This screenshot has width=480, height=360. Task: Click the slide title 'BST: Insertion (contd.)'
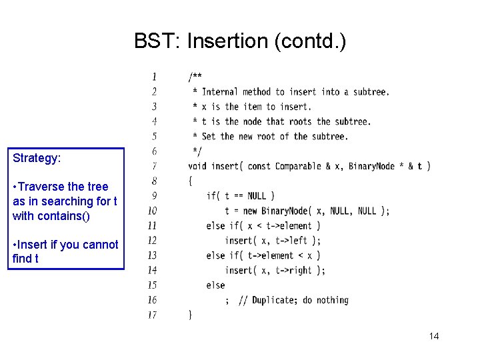point(240,41)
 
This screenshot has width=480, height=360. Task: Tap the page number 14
point(433,336)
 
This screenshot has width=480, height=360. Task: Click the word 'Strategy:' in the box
point(37,159)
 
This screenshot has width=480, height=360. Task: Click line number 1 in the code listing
point(154,77)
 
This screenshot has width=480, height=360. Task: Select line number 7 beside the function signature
point(154,166)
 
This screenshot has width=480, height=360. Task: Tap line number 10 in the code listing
point(152,211)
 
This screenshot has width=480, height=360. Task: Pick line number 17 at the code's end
point(152,315)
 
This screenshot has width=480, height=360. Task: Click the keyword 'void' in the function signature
point(197,166)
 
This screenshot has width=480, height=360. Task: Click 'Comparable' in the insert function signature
point(298,166)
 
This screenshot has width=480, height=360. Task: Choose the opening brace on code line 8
point(191,181)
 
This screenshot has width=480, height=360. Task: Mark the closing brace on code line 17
point(191,315)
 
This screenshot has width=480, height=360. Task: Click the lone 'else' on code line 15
point(215,285)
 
